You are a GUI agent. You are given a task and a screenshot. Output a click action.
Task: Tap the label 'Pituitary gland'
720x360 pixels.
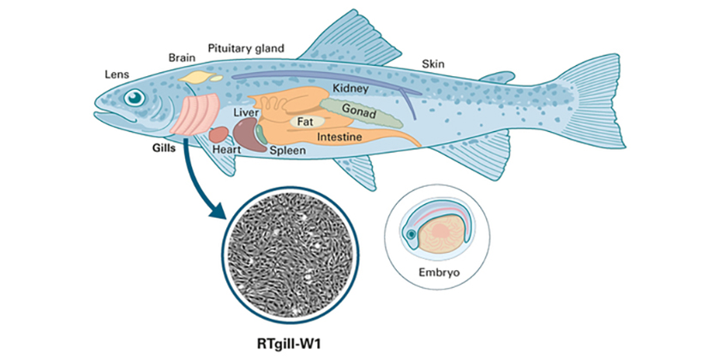246,48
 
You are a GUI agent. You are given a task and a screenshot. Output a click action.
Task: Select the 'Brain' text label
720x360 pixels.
182,58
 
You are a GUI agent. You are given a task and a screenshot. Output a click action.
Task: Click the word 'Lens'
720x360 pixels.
118,74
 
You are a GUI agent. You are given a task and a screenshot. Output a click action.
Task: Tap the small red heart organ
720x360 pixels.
219,134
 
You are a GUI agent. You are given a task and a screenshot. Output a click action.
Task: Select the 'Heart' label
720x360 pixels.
225,149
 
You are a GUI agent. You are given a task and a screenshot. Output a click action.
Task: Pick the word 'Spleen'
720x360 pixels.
287,150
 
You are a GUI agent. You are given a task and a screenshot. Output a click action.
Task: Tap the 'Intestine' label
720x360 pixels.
339,136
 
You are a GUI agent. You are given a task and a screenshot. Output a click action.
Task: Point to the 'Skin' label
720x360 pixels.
433,64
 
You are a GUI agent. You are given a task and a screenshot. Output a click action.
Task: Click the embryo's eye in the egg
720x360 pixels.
411,235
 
